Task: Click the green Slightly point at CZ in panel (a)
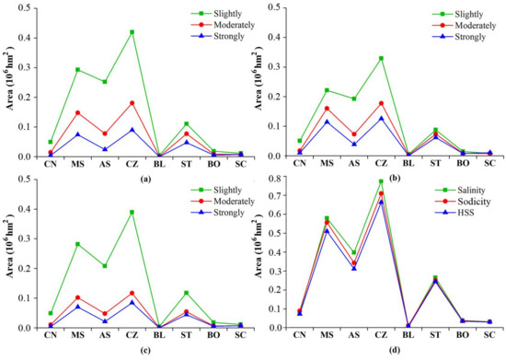click(x=157, y=32)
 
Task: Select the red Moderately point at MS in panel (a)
click(x=103, y=113)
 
